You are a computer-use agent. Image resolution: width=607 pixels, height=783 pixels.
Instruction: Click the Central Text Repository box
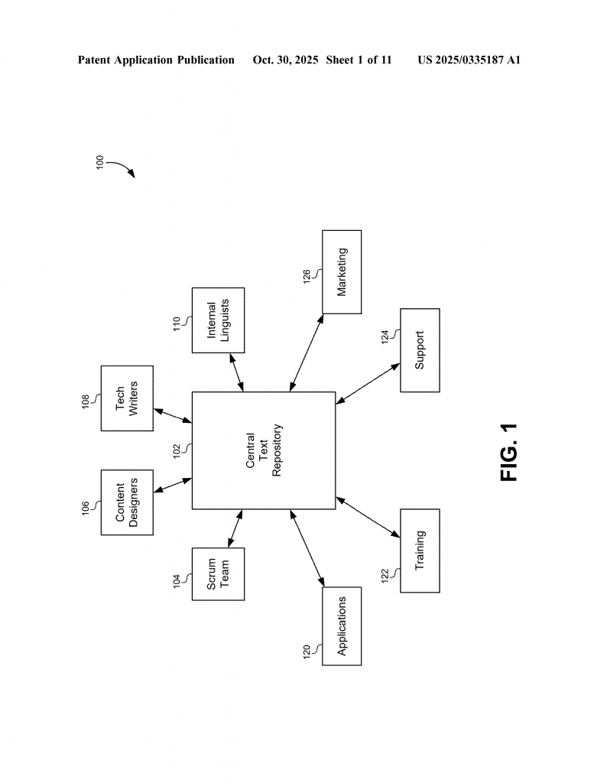click(263, 450)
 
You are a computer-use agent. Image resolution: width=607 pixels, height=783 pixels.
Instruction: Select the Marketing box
click(342, 271)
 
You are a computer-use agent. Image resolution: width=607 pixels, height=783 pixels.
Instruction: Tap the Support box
click(420, 350)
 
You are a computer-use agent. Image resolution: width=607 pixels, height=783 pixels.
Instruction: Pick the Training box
click(420, 550)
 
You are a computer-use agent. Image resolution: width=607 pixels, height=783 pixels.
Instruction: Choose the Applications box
click(342, 626)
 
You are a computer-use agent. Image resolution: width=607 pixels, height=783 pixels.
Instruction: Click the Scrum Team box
click(218, 573)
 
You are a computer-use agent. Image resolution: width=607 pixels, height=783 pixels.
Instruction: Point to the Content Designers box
click(127, 502)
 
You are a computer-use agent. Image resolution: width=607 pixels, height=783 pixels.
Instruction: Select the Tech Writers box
click(127, 398)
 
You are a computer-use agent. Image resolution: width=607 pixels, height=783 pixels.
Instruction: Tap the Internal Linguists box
click(218, 320)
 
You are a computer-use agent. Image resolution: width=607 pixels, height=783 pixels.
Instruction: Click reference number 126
click(306, 275)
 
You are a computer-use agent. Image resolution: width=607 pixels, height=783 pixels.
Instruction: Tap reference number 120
click(306, 652)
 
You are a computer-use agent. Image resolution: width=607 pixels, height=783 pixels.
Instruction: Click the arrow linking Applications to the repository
click(306, 549)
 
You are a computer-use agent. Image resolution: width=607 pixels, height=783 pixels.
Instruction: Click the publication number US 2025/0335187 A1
click(469, 60)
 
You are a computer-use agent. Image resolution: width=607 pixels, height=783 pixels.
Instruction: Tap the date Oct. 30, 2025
click(285, 60)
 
